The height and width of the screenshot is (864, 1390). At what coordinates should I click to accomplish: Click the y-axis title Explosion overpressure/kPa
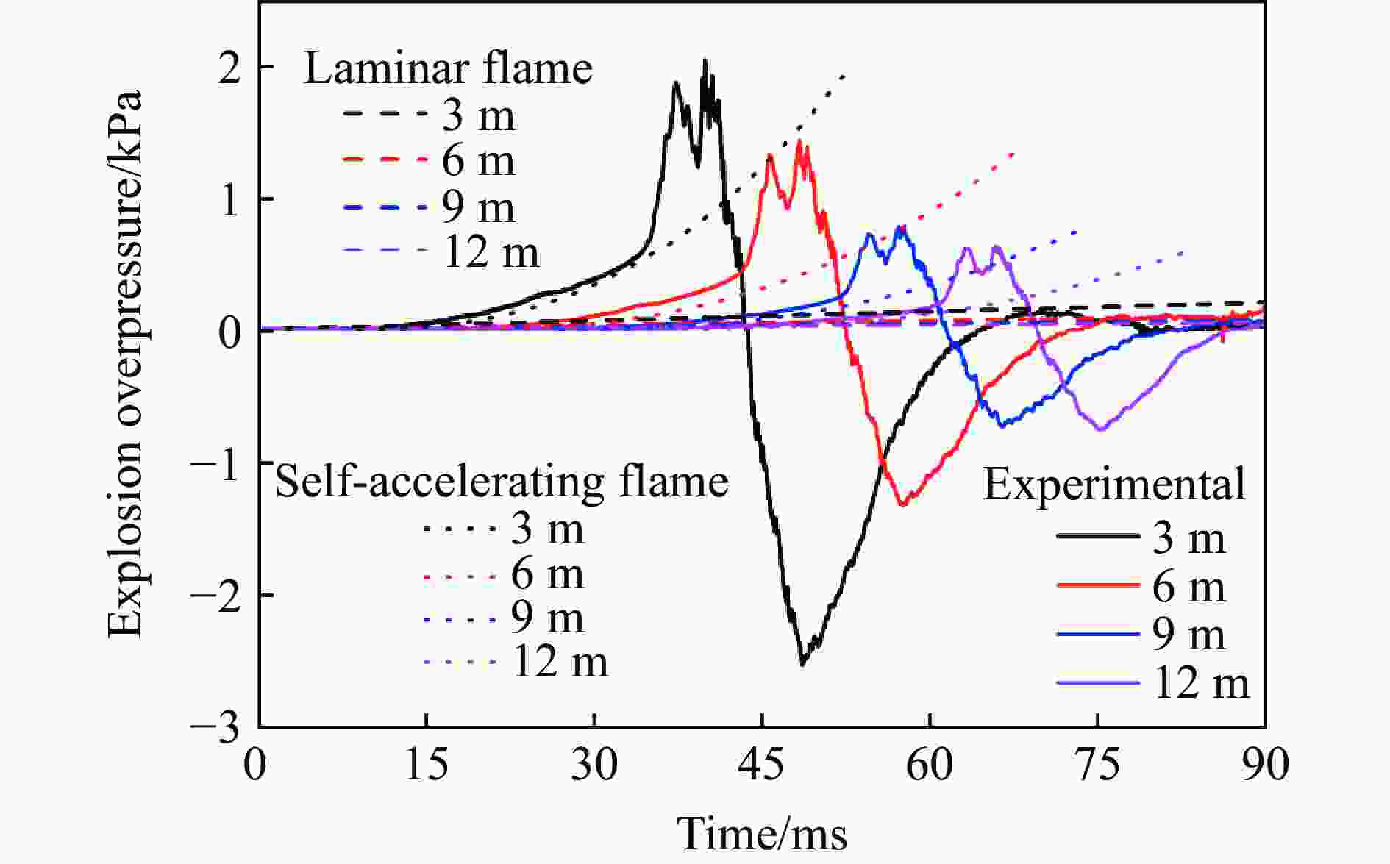pyautogui.click(x=125, y=364)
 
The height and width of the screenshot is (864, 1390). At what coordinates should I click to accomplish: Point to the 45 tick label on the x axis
pyautogui.click(x=762, y=764)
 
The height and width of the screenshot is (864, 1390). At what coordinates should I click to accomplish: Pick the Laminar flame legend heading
pyautogui.click(x=448, y=69)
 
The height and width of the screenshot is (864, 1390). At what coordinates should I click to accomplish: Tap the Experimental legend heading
pyautogui.click(x=1114, y=485)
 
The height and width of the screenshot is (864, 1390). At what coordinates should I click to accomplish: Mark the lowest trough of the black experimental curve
pyautogui.click(x=802, y=664)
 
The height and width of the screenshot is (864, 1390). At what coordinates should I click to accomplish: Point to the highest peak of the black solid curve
pyautogui.click(x=705, y=61)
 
